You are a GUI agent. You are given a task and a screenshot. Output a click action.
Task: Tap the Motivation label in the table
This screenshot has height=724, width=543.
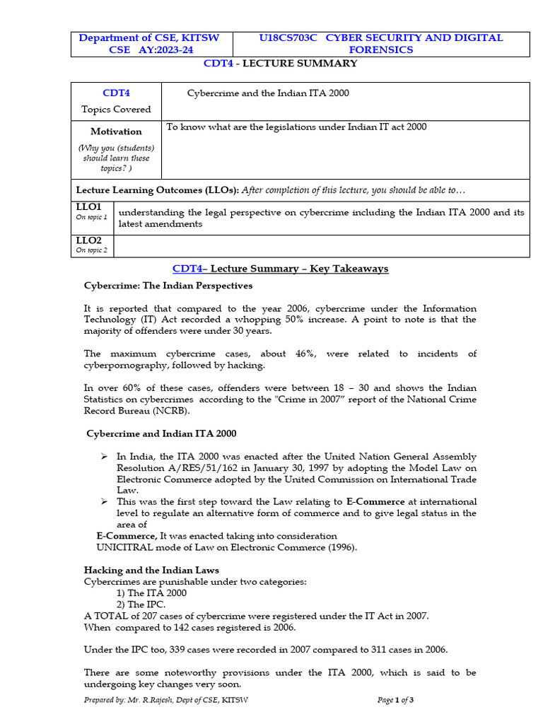point(116,132)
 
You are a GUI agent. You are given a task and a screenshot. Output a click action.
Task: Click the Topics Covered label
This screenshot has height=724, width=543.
point(116,110)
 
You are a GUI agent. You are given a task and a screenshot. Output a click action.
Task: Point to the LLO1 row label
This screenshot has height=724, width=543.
point(88,206)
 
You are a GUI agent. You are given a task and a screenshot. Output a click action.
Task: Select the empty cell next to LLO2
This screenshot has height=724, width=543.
point(321,246)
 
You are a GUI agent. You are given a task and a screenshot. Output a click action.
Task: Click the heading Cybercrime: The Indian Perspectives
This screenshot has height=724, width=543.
point(168,286)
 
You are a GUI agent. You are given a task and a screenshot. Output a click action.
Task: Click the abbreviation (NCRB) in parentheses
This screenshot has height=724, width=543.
point(176,411)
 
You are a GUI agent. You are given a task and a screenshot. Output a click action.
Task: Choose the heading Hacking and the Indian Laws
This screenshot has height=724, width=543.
point(151,570)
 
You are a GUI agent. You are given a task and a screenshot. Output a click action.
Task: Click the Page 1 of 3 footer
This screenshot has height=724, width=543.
point(396,700)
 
